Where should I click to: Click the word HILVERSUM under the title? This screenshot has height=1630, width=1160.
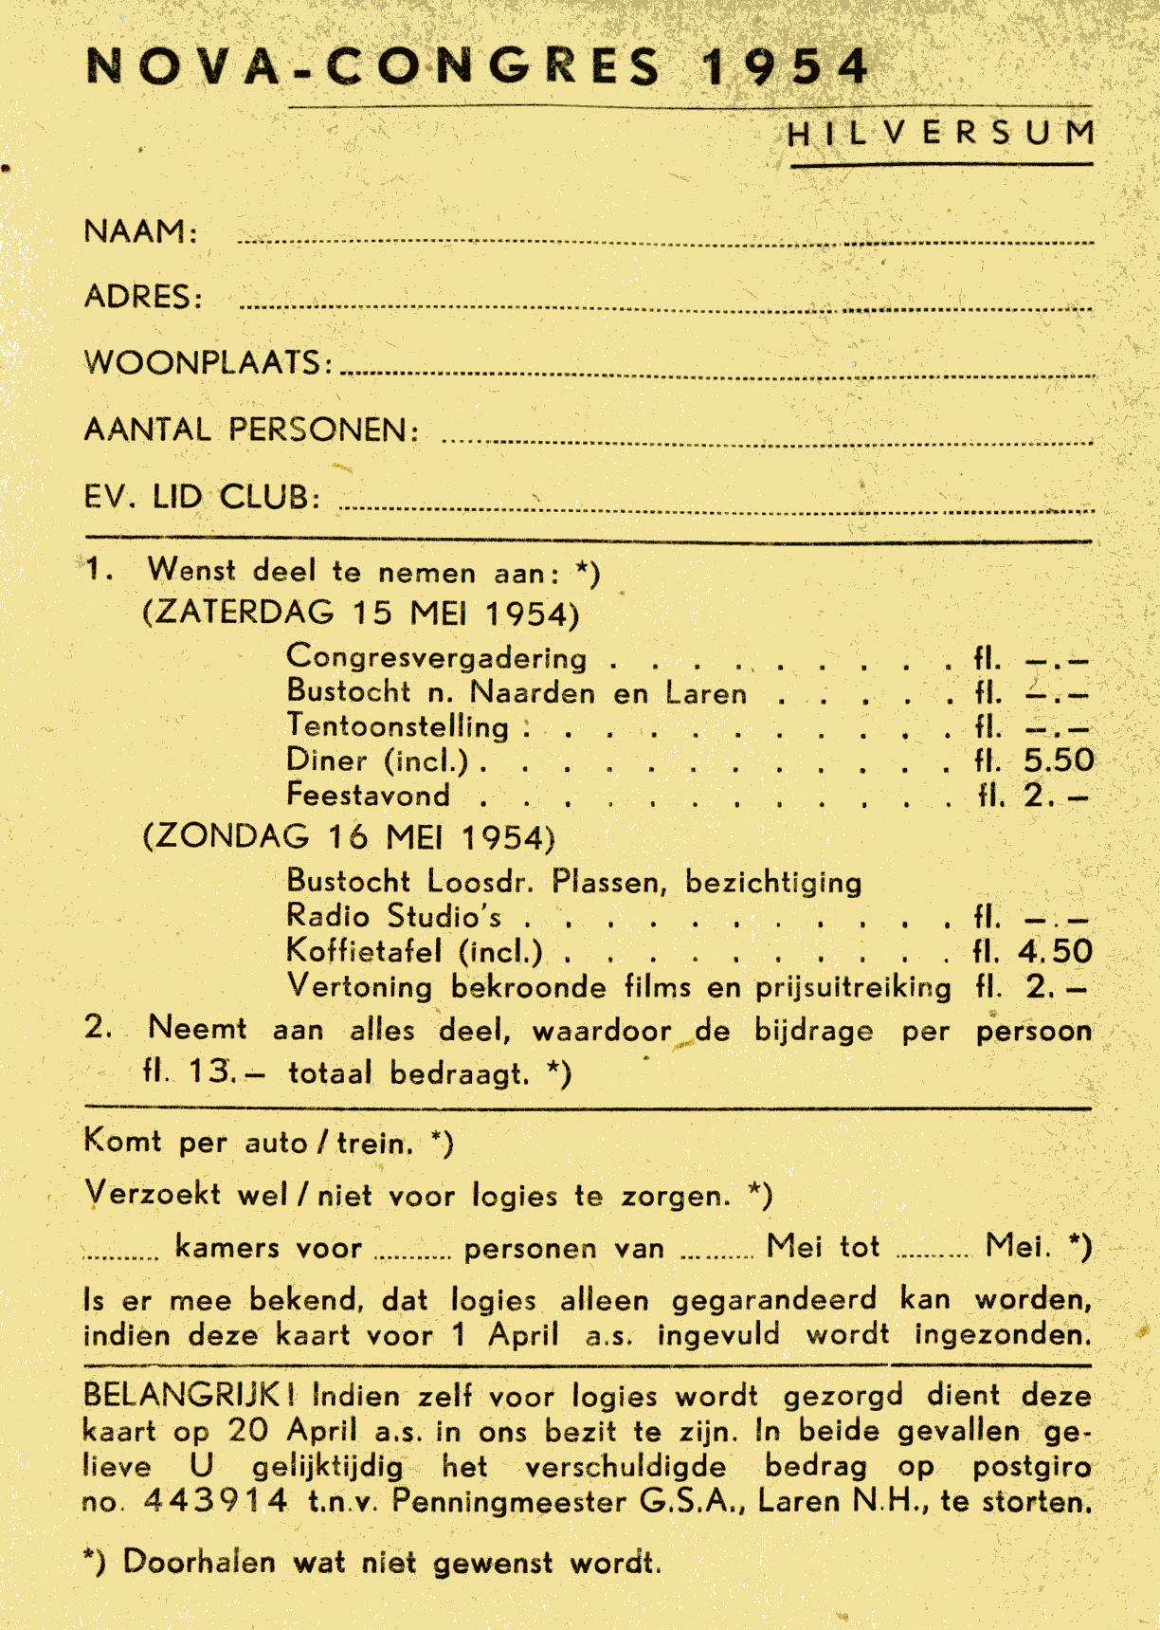941,134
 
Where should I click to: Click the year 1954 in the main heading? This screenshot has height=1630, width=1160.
785,67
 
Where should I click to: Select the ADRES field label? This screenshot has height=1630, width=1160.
143,297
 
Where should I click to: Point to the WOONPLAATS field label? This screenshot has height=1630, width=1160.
208,362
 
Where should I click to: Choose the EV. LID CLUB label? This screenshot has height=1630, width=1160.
202,497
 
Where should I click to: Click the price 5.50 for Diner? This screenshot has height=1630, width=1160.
1058,760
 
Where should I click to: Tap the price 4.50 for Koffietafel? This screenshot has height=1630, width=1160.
1055,952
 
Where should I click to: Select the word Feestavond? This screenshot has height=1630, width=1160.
369,795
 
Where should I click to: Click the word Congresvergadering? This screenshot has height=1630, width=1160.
437,657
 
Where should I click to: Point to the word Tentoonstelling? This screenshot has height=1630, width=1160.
398,726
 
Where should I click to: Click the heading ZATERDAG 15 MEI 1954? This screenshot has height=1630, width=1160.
361,614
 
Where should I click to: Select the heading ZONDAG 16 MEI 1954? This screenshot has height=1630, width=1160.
349,837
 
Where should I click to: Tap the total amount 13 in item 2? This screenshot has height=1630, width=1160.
209,1071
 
